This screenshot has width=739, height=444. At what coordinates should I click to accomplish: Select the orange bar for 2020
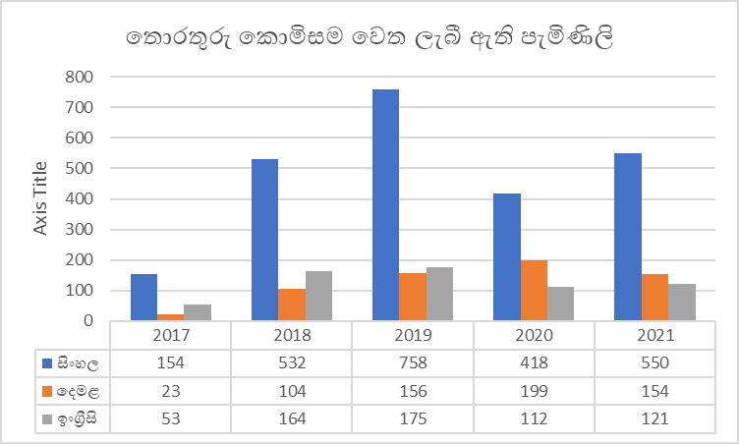[x=534, y=290]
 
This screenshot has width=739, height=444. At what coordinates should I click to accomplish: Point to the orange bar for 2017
[x=171, y=316]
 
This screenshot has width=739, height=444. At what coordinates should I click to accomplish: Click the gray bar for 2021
[x=681, y=302]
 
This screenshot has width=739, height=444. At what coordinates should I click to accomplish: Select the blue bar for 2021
[x=627, y=236]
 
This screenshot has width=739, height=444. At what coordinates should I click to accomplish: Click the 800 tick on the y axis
[x=80, y=77]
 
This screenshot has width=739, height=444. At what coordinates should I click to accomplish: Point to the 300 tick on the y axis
[x=80, y=229]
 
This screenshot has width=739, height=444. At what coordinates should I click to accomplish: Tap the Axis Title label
[x=40, y=198]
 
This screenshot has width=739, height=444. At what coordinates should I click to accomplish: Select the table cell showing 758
[x=413, y=362]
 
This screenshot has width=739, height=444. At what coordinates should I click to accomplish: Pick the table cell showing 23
[x=171, y=391]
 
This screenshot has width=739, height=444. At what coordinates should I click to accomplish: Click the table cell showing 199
[x=534, y=391]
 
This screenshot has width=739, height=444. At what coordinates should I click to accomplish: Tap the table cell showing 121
[x=654, y=419]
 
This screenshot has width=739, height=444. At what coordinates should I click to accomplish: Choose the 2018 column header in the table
[x=292, y=335]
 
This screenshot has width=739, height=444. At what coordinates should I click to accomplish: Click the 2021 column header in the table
[x=654, y=335]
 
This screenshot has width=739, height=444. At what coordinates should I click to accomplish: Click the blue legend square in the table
[x=47, y=363]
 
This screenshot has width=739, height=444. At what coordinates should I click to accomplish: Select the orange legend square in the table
[x=47, y=391]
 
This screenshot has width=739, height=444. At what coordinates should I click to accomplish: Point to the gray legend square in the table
[x=47, y=419]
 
